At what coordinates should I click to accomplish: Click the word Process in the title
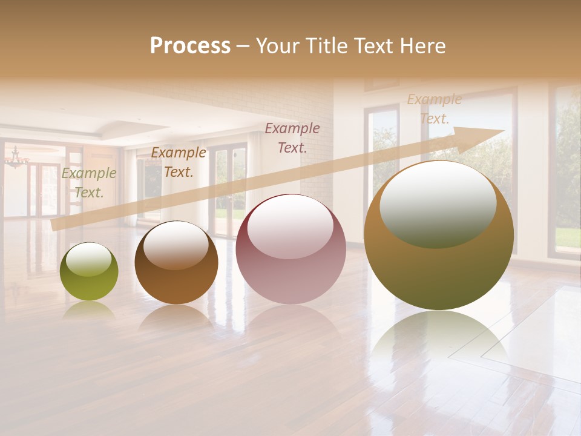tap(190, 46)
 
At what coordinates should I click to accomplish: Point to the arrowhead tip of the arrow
tap(502, 131)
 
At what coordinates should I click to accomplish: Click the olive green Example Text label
tap(88, 183)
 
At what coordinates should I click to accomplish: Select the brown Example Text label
tap(178, 162)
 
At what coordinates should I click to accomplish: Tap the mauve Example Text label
tap(292, 137)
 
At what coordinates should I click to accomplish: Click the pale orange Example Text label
tap(434, 109)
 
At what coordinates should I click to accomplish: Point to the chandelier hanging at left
tap(16, 159)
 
